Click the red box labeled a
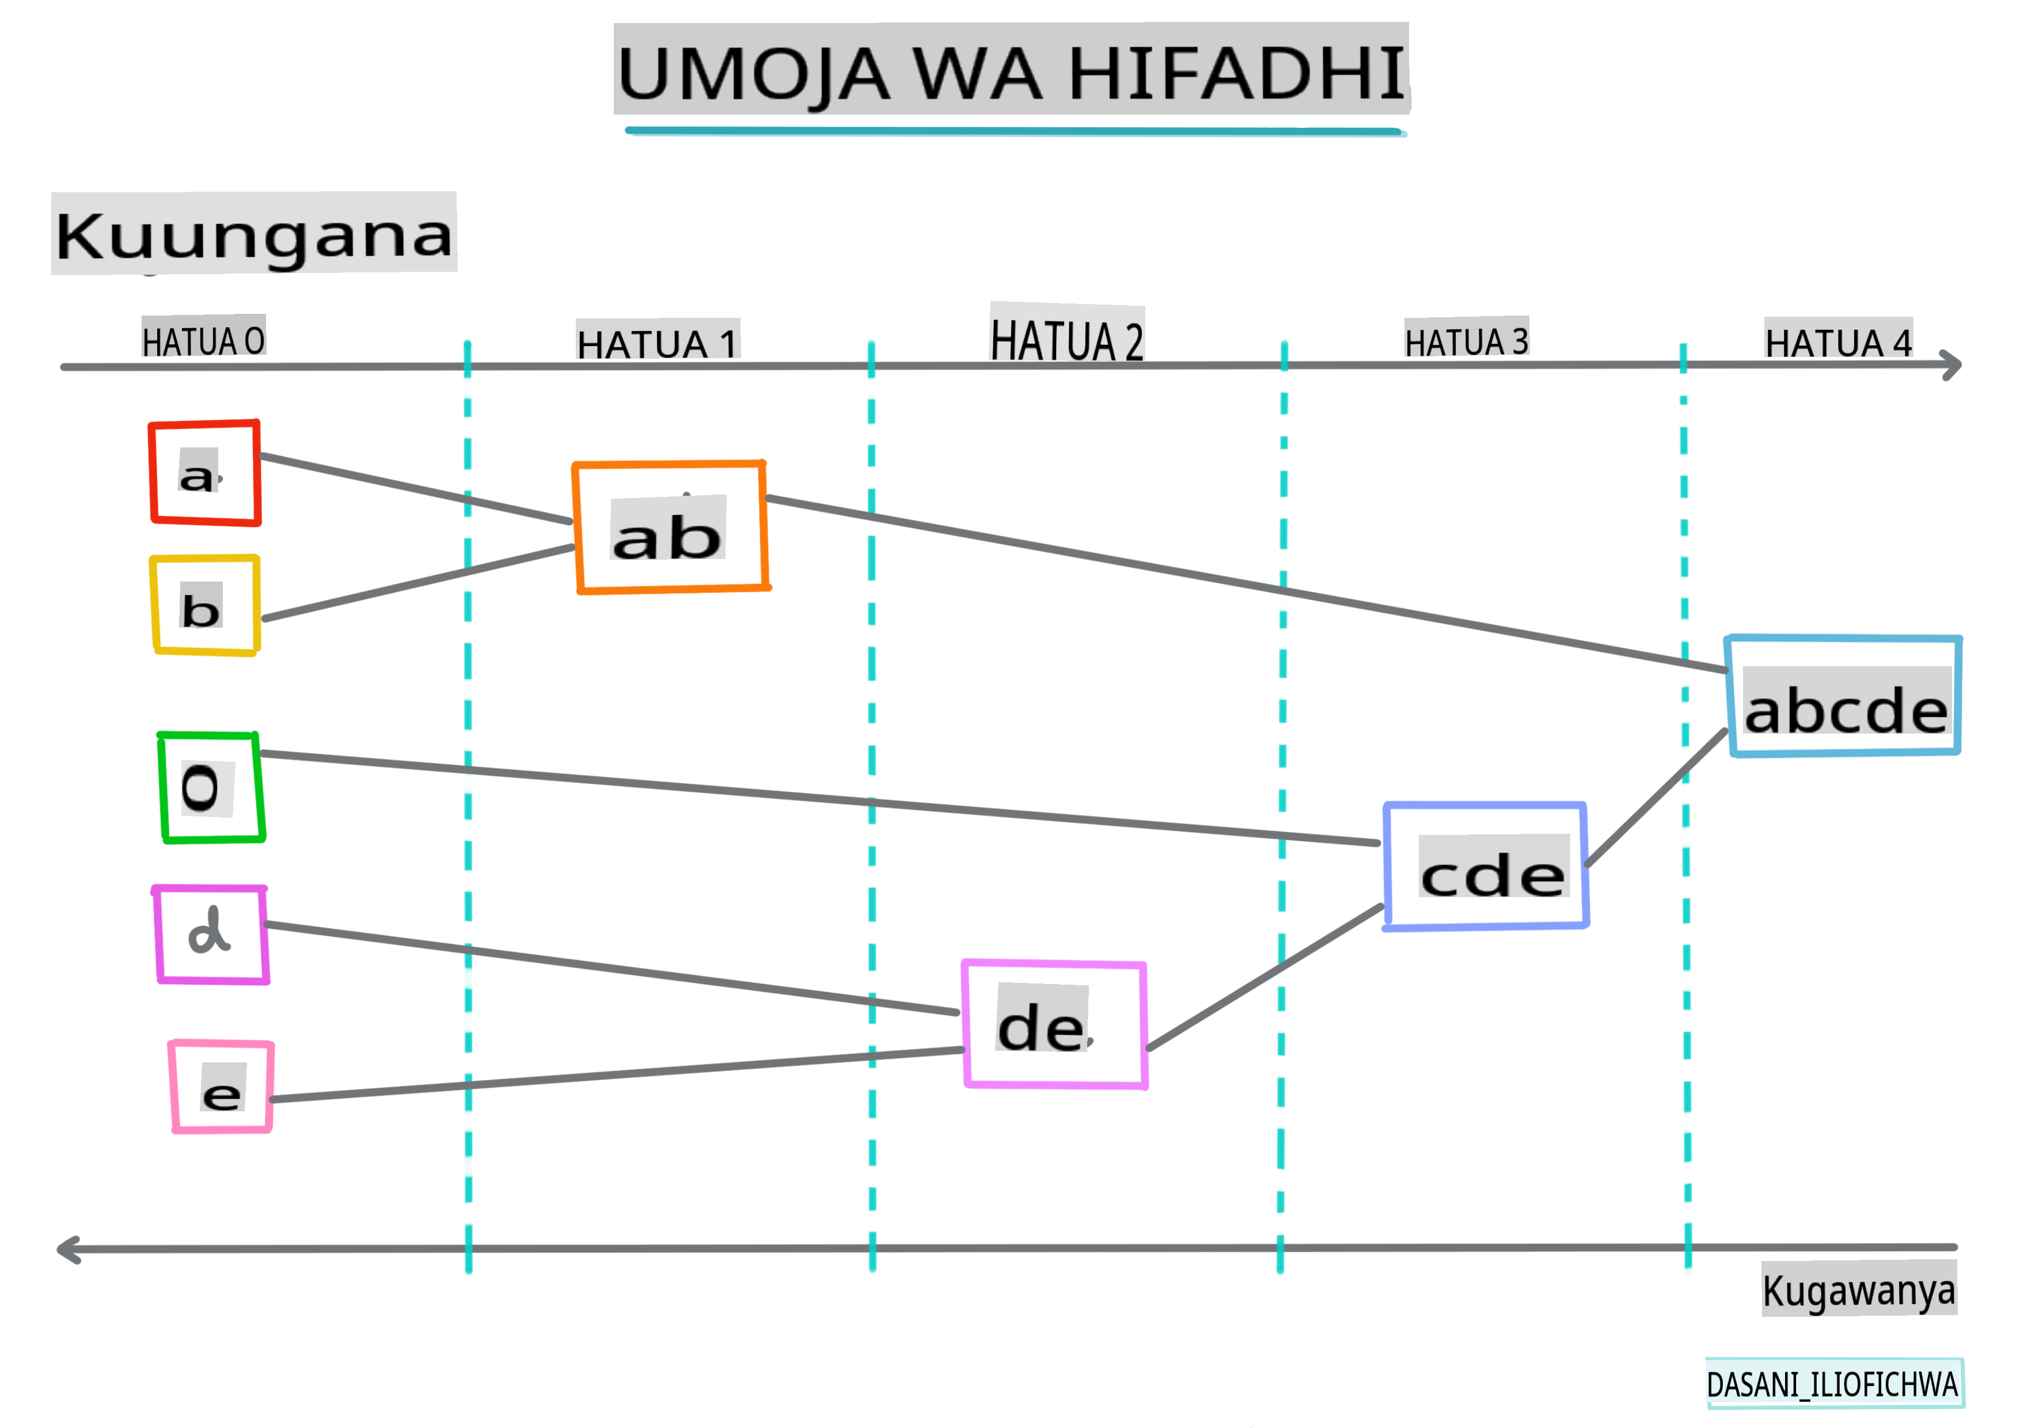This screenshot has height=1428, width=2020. point(205,473)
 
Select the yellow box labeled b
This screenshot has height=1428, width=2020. point(205,605)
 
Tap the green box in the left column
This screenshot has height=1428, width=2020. point(211,788)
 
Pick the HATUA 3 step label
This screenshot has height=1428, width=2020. point(1467,340)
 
